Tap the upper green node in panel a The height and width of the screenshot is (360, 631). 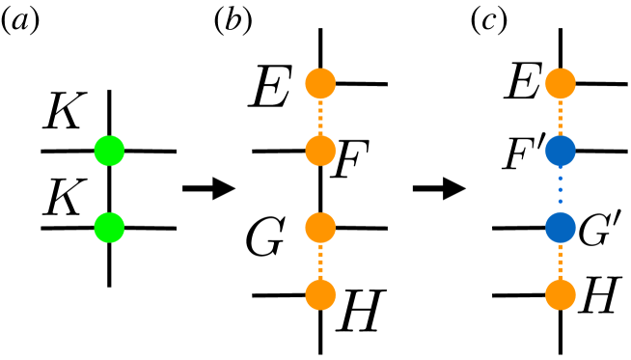pyautogui.click(x=109, y=151)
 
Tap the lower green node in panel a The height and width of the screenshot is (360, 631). pyautogui.click(x=109, y=228)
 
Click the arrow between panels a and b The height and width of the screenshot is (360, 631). pyautogui.click(x=209, y=188)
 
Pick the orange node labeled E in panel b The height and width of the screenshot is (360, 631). pyautogui.click(x=319, y=83)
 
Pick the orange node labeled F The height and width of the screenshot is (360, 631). pyautogui.click(x=319, y=151)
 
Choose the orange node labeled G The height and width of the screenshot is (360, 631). pyautogui.click(x=319, y=228)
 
